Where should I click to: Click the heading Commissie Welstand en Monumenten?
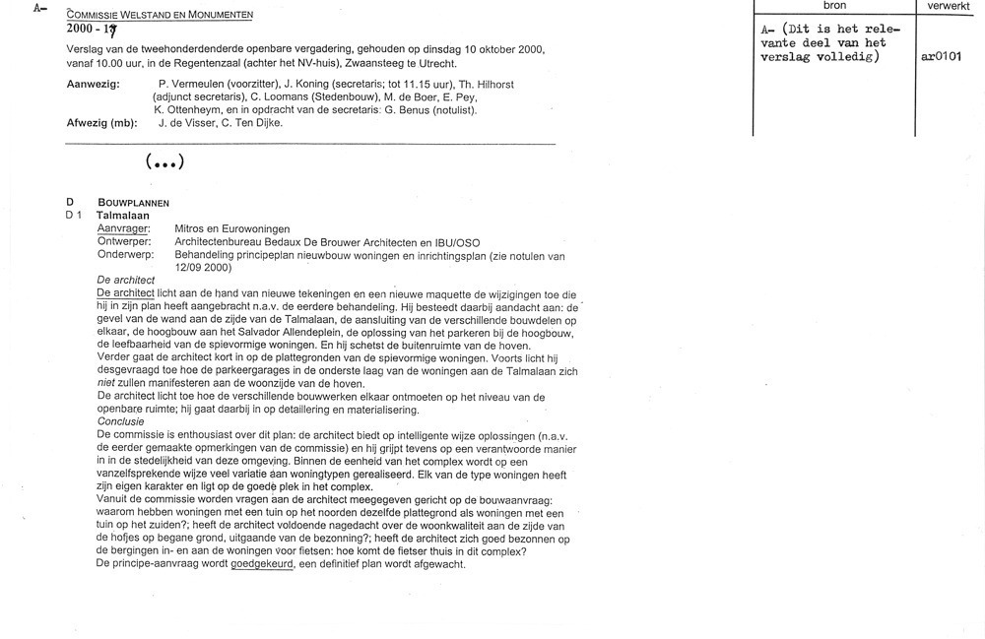(160, 15)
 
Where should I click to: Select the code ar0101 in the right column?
(942, 56)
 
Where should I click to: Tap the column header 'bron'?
(834, 6)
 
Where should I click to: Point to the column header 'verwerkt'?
(949, 6)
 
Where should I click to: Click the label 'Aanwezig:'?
(93, 85)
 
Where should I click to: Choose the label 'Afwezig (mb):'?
(100, 123)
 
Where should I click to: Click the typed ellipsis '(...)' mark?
(164, 162)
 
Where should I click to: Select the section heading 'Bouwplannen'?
(132, 202)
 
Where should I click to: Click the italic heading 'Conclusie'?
(120, 421)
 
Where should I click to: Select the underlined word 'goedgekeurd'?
(263, 564)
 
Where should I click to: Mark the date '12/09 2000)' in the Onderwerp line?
(203, 267)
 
